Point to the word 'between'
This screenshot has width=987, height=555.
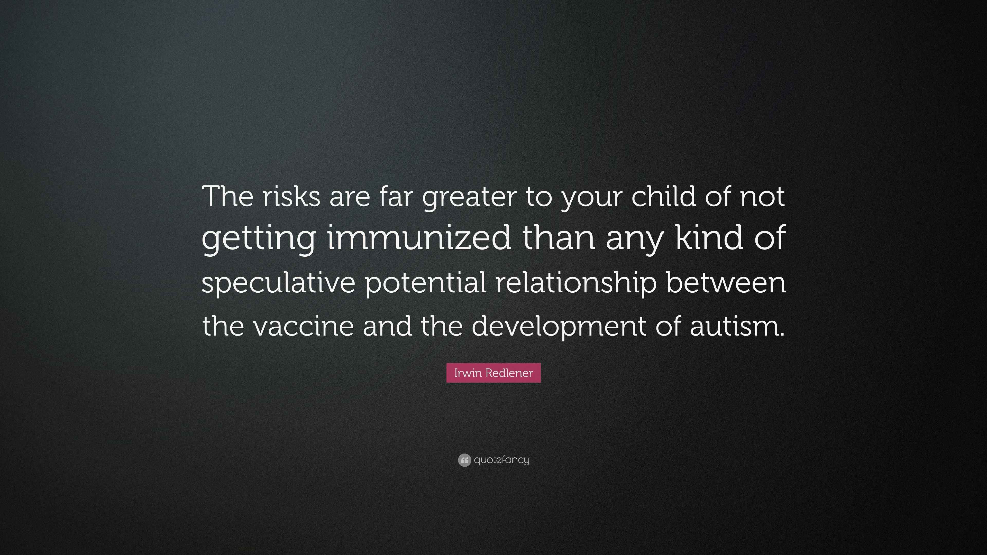coord(726,282)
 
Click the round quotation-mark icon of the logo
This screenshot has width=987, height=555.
coord(464,460)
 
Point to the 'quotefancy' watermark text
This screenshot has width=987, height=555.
coord(501,460)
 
